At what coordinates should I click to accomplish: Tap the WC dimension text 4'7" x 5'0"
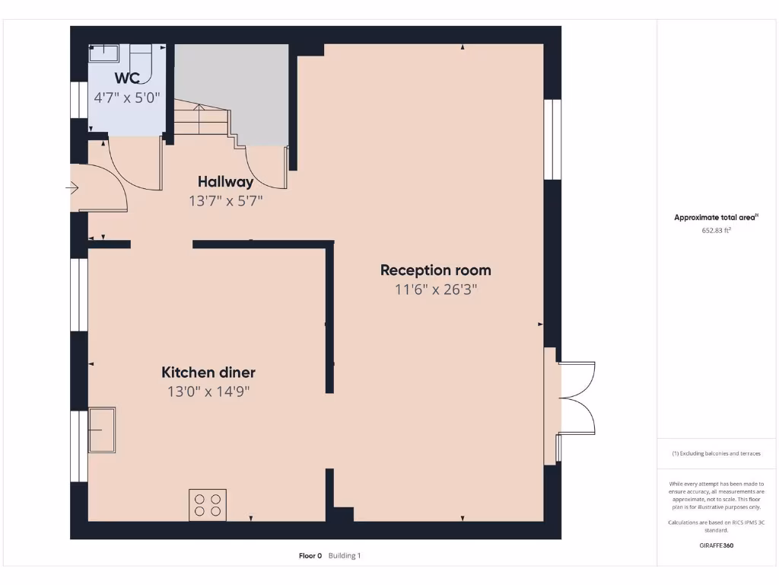pos(127,98)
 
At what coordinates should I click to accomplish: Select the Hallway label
pos(225,182)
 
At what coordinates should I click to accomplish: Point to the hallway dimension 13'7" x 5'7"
pos(226,201)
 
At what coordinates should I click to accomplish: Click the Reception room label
pos(435,270)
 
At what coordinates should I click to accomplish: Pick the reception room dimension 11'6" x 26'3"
pos(435,289)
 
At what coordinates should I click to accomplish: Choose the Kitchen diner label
pos(208,372)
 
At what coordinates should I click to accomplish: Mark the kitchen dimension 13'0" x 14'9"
pos(208,392)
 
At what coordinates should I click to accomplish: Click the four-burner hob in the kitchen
pos(208,505)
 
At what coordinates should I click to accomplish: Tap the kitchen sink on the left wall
pos(101,430)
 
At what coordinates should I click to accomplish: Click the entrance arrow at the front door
pos(74,187)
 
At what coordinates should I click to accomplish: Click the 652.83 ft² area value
pos(716,230)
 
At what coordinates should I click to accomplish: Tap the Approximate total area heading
pos(716,218)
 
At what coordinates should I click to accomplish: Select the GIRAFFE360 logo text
pos(716,545)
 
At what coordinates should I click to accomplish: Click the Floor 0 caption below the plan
pos(310,556)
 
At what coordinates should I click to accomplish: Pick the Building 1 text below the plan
pos(345,556)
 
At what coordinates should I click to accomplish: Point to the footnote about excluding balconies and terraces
pos(716,453)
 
